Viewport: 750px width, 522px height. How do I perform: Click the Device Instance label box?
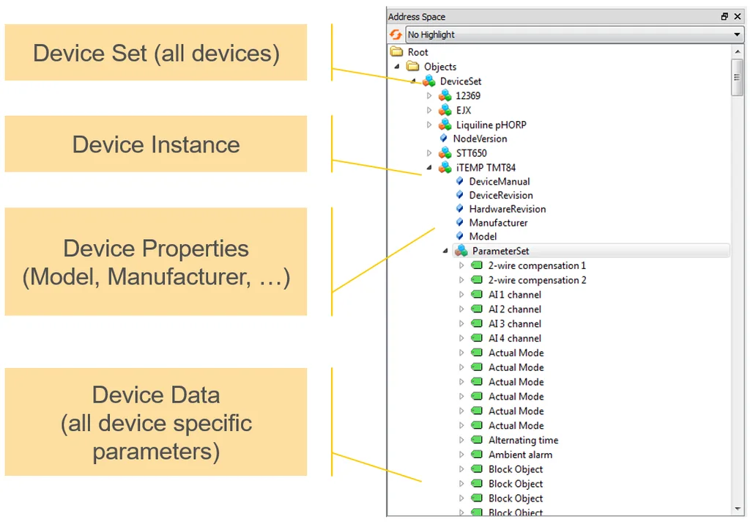[x=156, y=144]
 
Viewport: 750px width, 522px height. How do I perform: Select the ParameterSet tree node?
[x=500, y=251]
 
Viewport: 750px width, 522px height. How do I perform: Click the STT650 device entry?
[x=471, y=153]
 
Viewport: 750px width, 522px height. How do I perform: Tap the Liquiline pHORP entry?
[x=491, y=125]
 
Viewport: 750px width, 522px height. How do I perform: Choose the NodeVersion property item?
[x=480, y=139]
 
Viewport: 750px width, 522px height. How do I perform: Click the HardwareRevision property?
[x=507, y=209]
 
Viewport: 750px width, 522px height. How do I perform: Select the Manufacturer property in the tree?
[x=498, y=223]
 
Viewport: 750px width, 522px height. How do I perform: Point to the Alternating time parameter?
[x=523, y=440]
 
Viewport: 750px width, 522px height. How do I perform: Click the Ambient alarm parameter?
[x=520, y=455]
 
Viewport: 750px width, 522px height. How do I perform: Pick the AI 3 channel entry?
[x=515, y=324]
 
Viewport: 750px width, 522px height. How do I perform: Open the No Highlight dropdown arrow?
[x=737, y=34]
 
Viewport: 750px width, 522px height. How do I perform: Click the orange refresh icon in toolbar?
[x=396, y=34]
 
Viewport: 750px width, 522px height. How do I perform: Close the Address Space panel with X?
[x=738, y=16]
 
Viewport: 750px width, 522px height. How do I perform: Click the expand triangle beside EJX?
[x=429, y=110]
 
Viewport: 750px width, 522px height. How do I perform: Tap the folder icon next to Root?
[x=396, y=51]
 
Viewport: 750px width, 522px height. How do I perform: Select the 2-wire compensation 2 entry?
[x=537, y=280]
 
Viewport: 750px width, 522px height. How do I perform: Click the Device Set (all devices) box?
[x=156, y=52]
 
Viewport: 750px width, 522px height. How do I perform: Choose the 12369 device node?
[x=468, y=96]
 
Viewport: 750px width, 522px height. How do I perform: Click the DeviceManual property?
[x=499, y=182]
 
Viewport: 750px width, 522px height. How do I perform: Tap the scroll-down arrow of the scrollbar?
[x=737, y=509]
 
